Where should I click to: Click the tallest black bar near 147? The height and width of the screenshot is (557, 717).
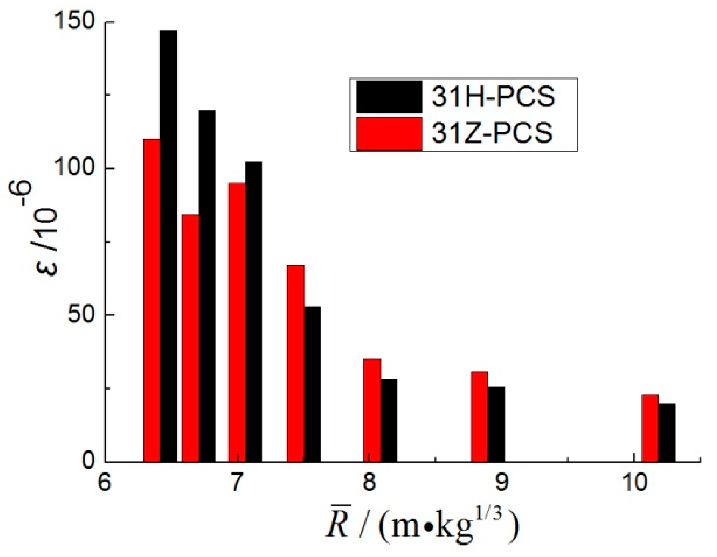(x=168, y=245)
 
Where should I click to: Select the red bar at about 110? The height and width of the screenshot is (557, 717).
(x=152, y=300)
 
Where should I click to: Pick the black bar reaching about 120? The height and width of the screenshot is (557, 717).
(x=207, y=285)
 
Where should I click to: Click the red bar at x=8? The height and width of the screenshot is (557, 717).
(x=372, y=410)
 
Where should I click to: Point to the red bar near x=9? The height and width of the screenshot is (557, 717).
(x=479, y=416)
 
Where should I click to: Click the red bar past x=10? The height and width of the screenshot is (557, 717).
(x=650, y=428)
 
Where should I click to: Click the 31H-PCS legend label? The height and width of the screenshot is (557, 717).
(x=493, y=96)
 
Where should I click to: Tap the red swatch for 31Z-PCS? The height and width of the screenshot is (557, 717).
(x=389, y=133)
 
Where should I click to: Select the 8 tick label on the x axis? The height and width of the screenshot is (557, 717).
(x=370, y=482)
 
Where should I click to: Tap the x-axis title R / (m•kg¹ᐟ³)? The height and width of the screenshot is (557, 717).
(x=421, y=524)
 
